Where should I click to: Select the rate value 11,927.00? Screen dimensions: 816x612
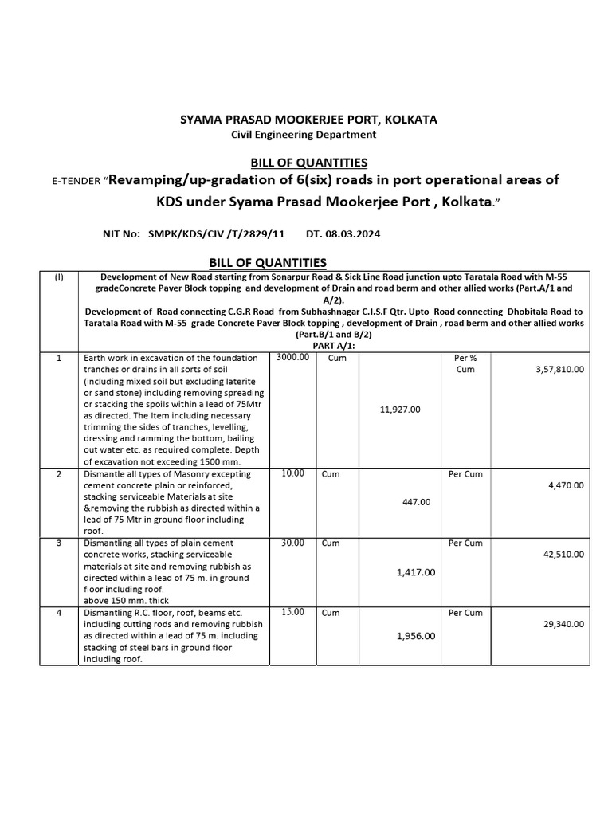tap(401, 409)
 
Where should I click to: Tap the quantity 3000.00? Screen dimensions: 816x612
tap(292, 358)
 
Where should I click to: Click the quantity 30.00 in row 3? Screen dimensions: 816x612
tap(293, 543)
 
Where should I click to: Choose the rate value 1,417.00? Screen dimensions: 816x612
tap(415, 571)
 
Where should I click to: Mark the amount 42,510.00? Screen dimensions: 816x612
tap(562, 554)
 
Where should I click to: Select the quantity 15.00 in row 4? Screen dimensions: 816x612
tap(293, 612)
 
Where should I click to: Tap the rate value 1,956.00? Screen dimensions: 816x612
tap(415, 636)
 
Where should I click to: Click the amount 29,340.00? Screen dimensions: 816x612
tap(562, 624)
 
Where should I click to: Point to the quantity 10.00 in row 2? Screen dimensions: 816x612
tap(293, 473)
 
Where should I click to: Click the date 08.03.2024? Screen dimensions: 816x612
tap(344, 234)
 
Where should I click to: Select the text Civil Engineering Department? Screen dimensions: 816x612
tap(304, 135)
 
